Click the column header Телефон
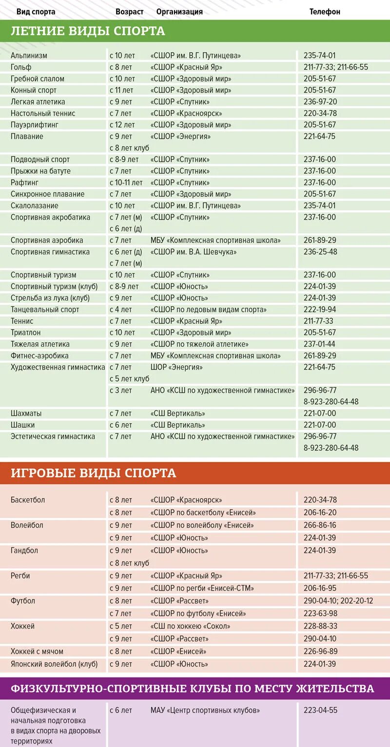(x=325, y=12)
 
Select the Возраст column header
(x=129, y=12)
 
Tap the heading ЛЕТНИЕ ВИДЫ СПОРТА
(x=88, y=31)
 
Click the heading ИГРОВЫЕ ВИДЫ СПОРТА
(x=93, y=473)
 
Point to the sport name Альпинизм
(x=29, y=56)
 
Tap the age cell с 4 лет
(x=120, y=309)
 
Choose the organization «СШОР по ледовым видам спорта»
(x=209, y=309)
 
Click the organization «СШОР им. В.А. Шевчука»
(x=194, y=252)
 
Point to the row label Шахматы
(x=26, y=413)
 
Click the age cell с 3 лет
(x=120, y=390)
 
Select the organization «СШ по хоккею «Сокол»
(x=190, y=626)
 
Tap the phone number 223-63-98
(x=320, y=613)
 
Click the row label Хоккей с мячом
(x=37, y=651)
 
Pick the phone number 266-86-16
(x=320, y=525)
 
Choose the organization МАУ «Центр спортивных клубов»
(x=205, y=710)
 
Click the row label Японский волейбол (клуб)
(x=54, y=664)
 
